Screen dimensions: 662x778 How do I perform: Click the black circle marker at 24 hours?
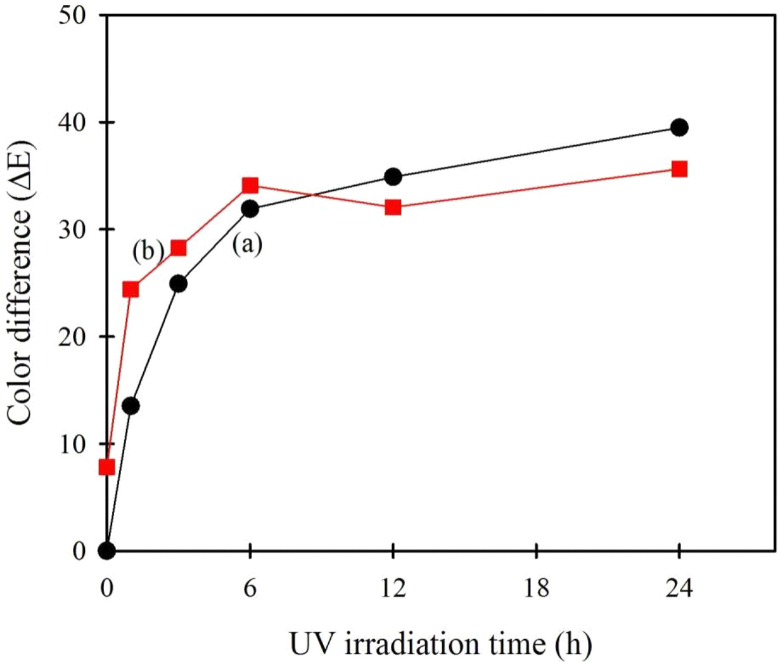[x=679, y=127]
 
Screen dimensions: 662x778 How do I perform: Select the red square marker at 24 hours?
[x=679, y=169]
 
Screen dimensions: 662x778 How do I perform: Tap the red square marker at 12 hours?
[x=393, y=207]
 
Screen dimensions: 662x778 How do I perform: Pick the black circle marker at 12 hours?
[x=393, y=177]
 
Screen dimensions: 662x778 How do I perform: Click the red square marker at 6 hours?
[x=250, y=186]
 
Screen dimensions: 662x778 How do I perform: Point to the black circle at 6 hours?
[x=250, y=209]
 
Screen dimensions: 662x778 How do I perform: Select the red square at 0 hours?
[x=107, y=467]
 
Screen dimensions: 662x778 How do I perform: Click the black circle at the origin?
[x=107, y=550]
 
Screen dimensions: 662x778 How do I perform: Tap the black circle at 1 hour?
[x=131, y=406]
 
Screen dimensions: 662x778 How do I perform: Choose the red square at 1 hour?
[x=131, y=290]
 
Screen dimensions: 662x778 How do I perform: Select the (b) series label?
[x=148, y=251]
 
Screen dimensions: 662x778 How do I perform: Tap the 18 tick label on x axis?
[x=537, y=588]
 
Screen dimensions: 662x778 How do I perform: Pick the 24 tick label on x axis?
[x=679, y=588]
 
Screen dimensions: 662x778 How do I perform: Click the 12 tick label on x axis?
[x=393, y=588]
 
